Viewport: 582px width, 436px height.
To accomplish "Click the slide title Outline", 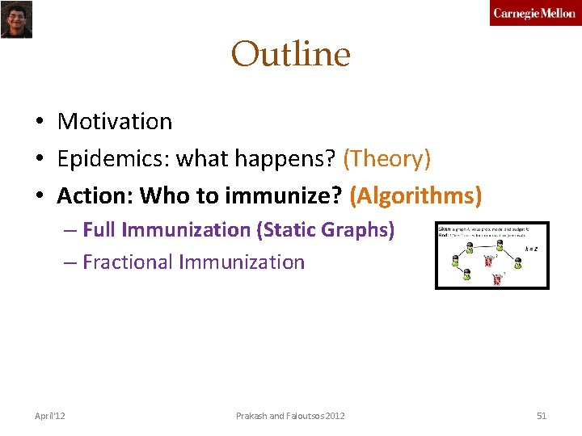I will tap(290, 55).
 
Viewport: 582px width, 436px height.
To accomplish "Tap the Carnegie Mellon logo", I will tap(534, 14).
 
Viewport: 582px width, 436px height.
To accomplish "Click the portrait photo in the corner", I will tap(16, 19).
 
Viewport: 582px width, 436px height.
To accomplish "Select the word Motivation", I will tap(115, 122).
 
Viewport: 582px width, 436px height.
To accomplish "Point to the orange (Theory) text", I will tap(386, 159).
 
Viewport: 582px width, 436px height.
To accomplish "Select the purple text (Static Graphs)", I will tap(326, 230).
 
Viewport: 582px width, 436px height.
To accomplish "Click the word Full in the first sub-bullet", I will tap(99, 230).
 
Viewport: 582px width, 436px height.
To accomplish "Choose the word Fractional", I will tap(127, 262).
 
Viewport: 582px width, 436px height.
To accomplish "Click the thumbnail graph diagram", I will tap(491, 255).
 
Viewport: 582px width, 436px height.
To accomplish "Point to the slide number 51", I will tap(542, 416).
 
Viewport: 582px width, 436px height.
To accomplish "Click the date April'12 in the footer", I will tap(50, 416).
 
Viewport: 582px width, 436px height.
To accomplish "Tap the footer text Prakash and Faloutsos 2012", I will tap(290, 416).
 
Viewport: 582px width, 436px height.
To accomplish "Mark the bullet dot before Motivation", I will tap(39, 123).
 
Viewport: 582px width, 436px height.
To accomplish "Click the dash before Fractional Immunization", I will tap(71, 262).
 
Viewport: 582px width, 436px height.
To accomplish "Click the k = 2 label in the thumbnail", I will tap(531, 248).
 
